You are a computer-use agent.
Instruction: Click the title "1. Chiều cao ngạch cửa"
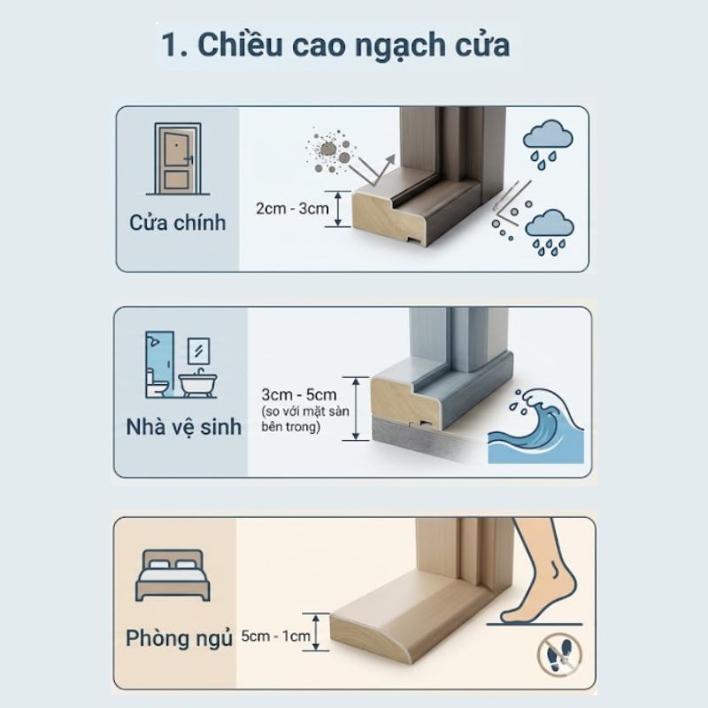click(x=335, y=43)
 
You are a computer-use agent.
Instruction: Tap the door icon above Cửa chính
click(x=177, y=159)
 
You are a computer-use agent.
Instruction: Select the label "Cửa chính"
click(x=177, y=222)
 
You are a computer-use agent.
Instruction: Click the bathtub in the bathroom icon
click(x=197, y=382)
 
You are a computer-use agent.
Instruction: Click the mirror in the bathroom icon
click(x=198, y=346)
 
